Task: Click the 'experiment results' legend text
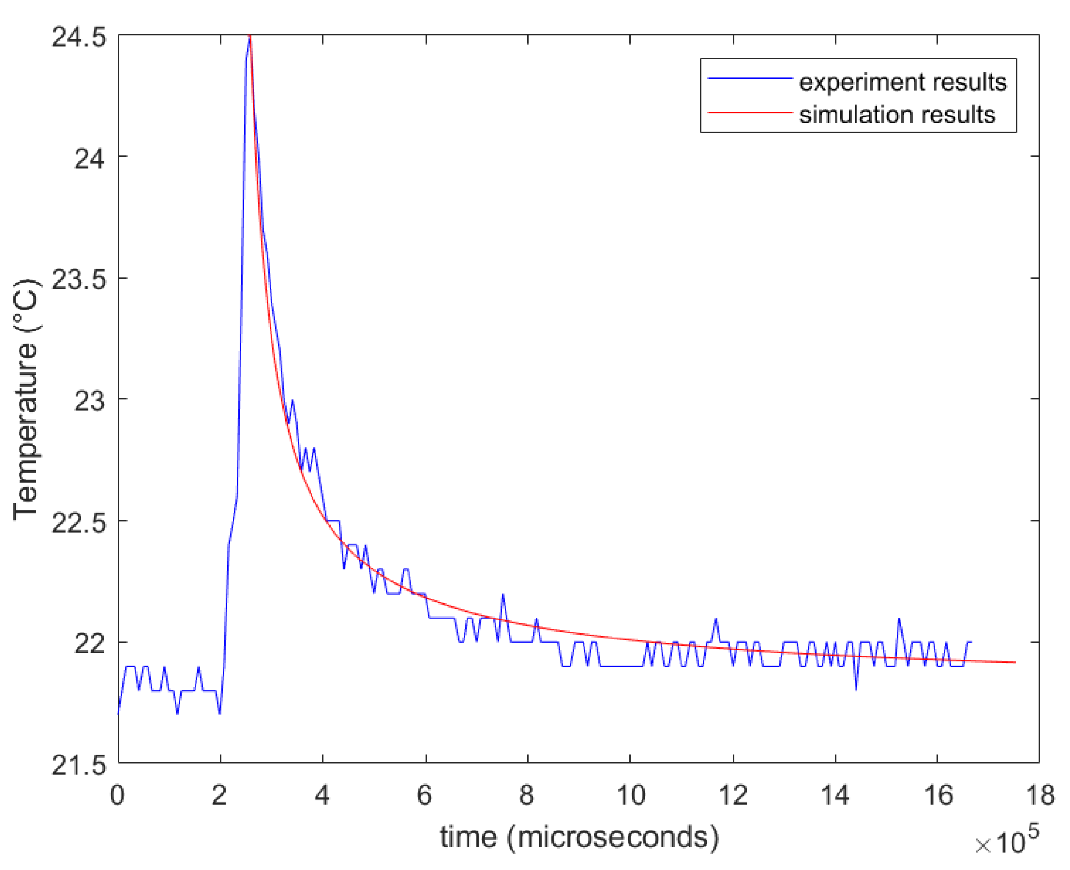pos(902,82)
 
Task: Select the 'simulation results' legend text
pos(896,115)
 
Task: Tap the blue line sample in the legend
pos(750,78)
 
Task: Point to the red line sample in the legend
pos(750,112)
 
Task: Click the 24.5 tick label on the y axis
pos(79,37)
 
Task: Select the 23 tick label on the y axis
pos(89,401)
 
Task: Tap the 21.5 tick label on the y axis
pos(79,766)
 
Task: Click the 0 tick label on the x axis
pos(117,794)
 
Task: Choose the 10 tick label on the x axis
pos(630,794)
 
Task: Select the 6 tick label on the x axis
pos(425,794)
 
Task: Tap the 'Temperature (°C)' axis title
pos(26,399)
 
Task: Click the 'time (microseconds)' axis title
pos(579,836)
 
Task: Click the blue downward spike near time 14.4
pos(856,690)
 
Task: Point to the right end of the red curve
pos(1015,662)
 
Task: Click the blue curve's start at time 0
pos(118,714)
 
